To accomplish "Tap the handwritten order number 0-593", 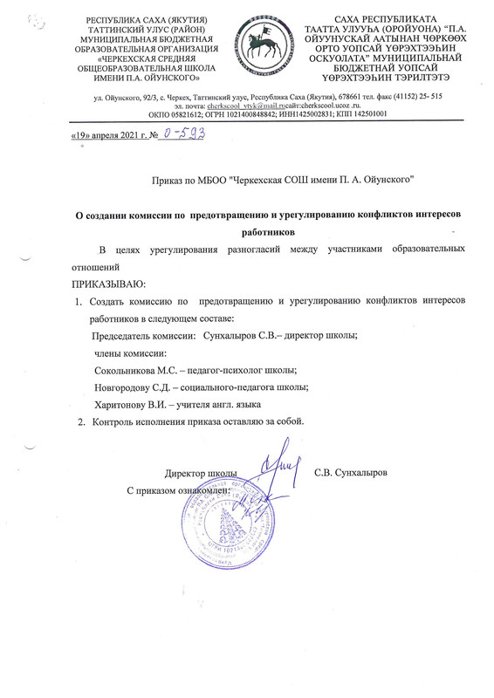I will pos(191,133).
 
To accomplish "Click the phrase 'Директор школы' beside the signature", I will pos(201,473).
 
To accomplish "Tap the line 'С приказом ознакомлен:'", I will pos(177,491).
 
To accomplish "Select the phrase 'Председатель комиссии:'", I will pos(144,336).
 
